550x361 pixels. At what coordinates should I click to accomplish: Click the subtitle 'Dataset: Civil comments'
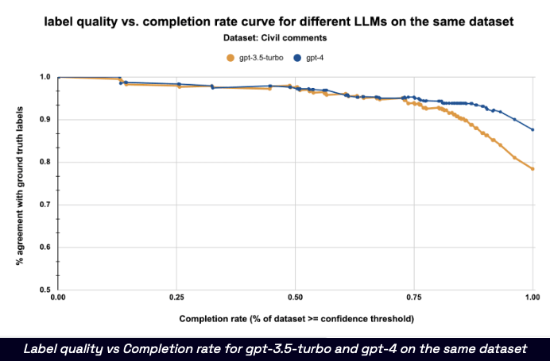tap(275, 36)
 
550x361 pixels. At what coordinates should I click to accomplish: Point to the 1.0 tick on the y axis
tap(45, 78)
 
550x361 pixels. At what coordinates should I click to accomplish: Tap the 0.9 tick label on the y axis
tap(45, 120)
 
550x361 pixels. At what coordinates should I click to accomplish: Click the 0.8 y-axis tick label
tap(45, 163)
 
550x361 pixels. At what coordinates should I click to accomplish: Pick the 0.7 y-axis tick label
tap(45, 205)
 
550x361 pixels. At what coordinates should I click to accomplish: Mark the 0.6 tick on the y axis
tap(45, 248)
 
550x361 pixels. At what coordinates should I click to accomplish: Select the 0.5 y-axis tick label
tap(45, 290)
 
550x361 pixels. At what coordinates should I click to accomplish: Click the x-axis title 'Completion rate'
tap(295, 320)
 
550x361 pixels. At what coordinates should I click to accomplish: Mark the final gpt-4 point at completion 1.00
tap(533, 129)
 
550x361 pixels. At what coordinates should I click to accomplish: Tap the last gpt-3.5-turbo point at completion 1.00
tap(533, 169)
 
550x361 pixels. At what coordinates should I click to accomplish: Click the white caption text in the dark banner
tap(275, 348)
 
